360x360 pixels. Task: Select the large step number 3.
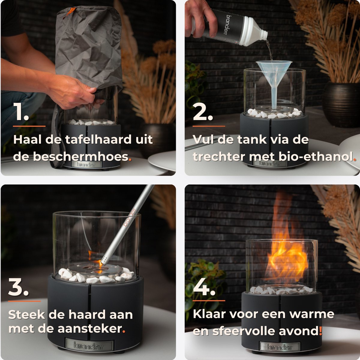pos(19,287)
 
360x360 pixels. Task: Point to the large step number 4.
pos(204,286)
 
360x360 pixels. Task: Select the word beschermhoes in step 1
pos(81,157)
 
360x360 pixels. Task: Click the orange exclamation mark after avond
pos(321,331)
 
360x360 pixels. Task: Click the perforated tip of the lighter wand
pos(104,260)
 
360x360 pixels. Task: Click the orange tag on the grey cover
pos(71,12)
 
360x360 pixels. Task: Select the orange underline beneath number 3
pos(24,301)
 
